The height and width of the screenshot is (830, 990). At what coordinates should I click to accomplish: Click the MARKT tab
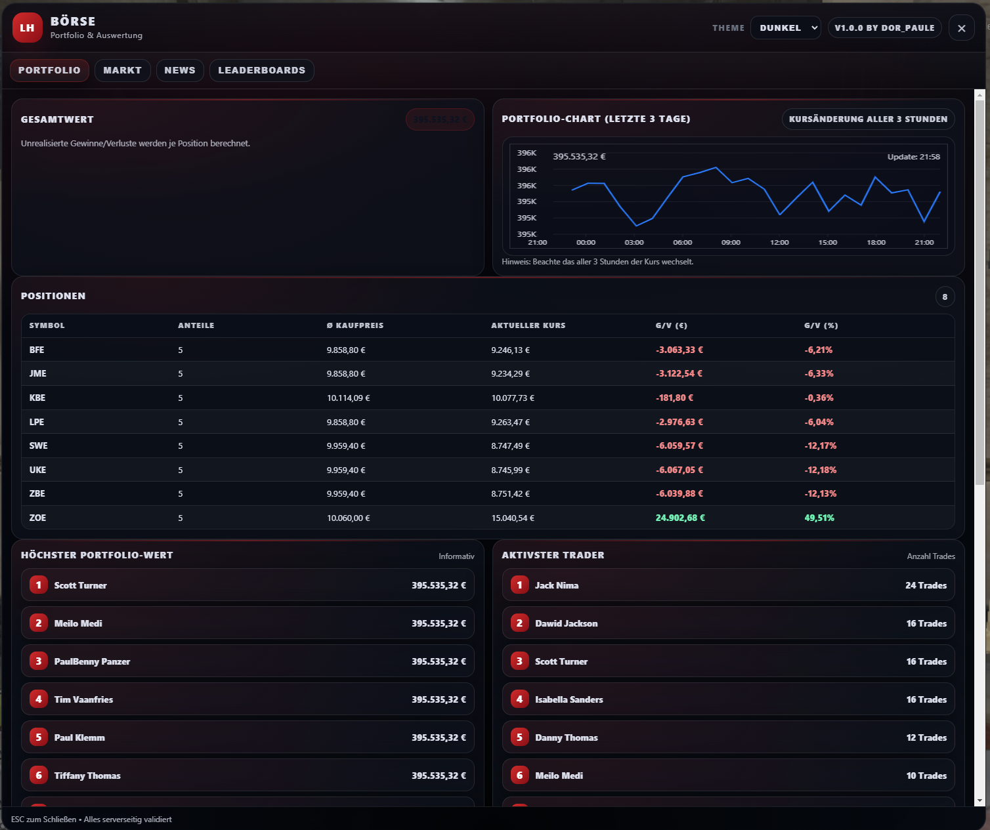point(122,70)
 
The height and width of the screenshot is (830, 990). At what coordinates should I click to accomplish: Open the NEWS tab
point(180,70)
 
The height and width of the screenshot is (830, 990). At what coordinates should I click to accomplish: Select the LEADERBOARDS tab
point(262,70)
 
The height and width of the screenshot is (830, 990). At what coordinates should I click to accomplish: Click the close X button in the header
point(961,28)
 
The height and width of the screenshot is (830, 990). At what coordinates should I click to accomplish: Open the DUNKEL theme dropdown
point(786,28)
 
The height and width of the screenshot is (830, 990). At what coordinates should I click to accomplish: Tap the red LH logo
point(27,28)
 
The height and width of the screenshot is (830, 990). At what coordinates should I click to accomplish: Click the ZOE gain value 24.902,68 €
point(680,518)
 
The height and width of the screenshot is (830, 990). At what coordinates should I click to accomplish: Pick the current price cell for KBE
point(513,398)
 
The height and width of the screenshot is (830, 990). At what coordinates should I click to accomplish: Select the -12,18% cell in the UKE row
point(820,470)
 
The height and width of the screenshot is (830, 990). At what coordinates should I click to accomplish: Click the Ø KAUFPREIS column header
point(355,325)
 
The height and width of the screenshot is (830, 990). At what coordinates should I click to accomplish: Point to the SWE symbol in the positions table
point(38,446)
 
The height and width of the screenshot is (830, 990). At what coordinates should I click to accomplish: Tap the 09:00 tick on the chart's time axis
point(731,242)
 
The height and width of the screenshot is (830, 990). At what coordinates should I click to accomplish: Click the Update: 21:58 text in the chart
point(914,156)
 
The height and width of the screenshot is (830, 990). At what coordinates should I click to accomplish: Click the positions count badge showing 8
point(945,297)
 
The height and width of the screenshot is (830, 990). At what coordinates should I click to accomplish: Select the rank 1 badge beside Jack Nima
point(520,585)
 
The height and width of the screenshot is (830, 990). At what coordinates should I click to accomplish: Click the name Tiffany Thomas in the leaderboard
point(87,776)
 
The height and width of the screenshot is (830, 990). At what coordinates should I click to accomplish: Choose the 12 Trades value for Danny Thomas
point(926,737)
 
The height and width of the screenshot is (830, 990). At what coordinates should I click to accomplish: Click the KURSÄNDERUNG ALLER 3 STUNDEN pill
point(868,119)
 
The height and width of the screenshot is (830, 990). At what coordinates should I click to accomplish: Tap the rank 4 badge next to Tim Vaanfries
point(38,699)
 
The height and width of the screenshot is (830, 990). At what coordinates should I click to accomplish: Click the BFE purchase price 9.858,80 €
point(345,350)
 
